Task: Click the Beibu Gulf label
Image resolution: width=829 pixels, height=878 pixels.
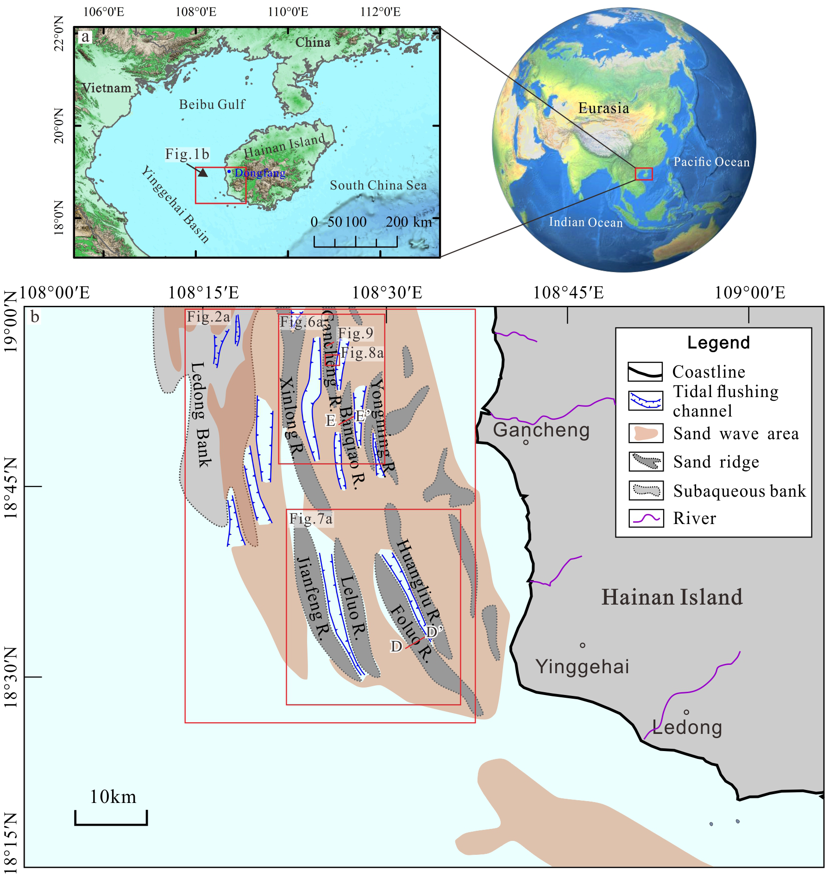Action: tap(212, 105)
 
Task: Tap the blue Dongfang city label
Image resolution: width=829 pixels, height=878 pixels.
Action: tap(260, 173)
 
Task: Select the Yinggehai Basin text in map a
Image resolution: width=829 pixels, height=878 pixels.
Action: tap(175, 204)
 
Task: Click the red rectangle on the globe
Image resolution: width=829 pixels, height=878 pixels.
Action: tap(643, 174)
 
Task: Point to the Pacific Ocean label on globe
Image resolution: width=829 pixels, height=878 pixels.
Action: tap(711, 162)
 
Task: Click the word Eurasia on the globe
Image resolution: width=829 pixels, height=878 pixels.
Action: tap(603, 108)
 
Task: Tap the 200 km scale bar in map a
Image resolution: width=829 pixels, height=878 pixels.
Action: tap(355, 241)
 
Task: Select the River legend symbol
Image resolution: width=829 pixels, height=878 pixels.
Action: tap(646, 518)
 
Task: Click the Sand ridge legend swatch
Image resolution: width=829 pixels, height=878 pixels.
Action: tap(646, 461)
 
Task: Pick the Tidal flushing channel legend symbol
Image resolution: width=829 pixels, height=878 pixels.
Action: tap(646, 401)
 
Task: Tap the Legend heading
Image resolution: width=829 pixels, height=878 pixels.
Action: tap(718, 342)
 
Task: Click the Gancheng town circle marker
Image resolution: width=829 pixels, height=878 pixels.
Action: tap(526, 442)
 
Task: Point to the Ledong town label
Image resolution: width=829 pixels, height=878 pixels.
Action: tap(687, 727)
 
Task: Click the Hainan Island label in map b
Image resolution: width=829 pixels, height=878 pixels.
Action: tap(672, 597)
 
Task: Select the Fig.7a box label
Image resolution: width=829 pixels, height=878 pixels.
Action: tap(311, 519)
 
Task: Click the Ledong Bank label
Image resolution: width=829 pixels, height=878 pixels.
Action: tap(201, 415)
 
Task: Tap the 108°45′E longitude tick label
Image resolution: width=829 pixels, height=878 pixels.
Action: tap(568, 293)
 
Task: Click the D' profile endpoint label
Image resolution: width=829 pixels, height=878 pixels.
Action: tap(434, 632)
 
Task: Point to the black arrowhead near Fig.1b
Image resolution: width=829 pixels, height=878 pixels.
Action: tap(203, 172)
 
